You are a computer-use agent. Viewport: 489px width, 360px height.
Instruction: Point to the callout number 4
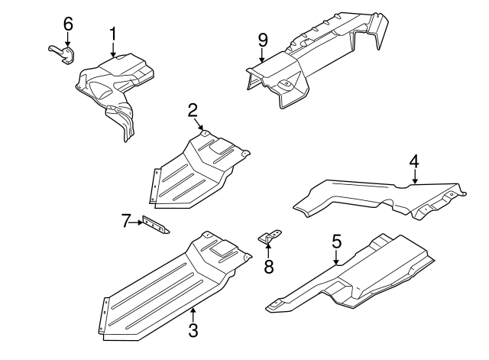pos(413,161)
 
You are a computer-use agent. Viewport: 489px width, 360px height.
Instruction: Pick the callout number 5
pos(336,243)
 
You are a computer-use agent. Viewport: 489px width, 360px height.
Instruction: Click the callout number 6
pos(68,24)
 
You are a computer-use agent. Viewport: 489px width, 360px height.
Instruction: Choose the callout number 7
pos(126,222)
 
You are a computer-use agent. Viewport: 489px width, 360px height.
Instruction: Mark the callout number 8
pos(268,267)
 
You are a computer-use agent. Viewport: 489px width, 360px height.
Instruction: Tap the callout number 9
pos(262,39)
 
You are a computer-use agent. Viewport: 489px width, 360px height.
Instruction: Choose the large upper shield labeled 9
pos(313,57)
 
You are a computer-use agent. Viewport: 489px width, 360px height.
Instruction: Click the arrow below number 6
pos(68,41)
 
